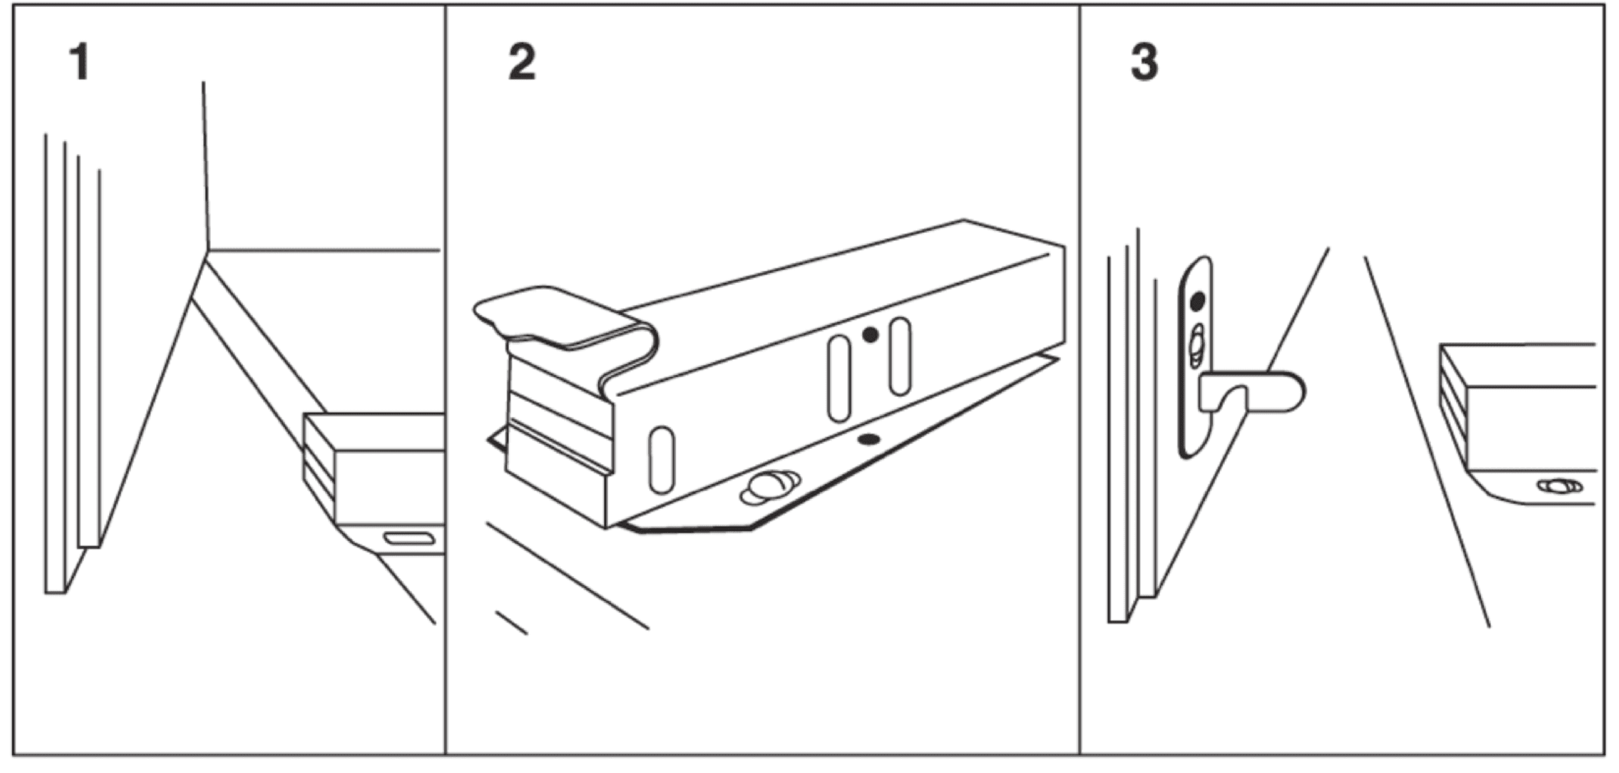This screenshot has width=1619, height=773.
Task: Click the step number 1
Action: [80, 62]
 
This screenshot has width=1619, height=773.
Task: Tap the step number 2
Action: [522, 62]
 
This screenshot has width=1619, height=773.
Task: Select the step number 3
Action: [1144, 62]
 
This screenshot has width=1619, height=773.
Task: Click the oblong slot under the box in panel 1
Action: [409, 538]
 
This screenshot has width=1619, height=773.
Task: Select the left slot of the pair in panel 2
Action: [839, 378]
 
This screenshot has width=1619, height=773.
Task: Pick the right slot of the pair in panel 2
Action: [900, 356]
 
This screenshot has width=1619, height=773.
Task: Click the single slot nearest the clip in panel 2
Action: [661, 459]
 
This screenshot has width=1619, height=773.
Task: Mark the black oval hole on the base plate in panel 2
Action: [869, 439]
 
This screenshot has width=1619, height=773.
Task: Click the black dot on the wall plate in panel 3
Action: [1198, 301]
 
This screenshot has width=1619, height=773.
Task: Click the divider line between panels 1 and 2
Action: [445, 377]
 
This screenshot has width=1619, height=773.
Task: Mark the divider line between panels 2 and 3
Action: [1080, 377]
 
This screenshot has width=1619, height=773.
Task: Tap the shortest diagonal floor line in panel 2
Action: [512, 622]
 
